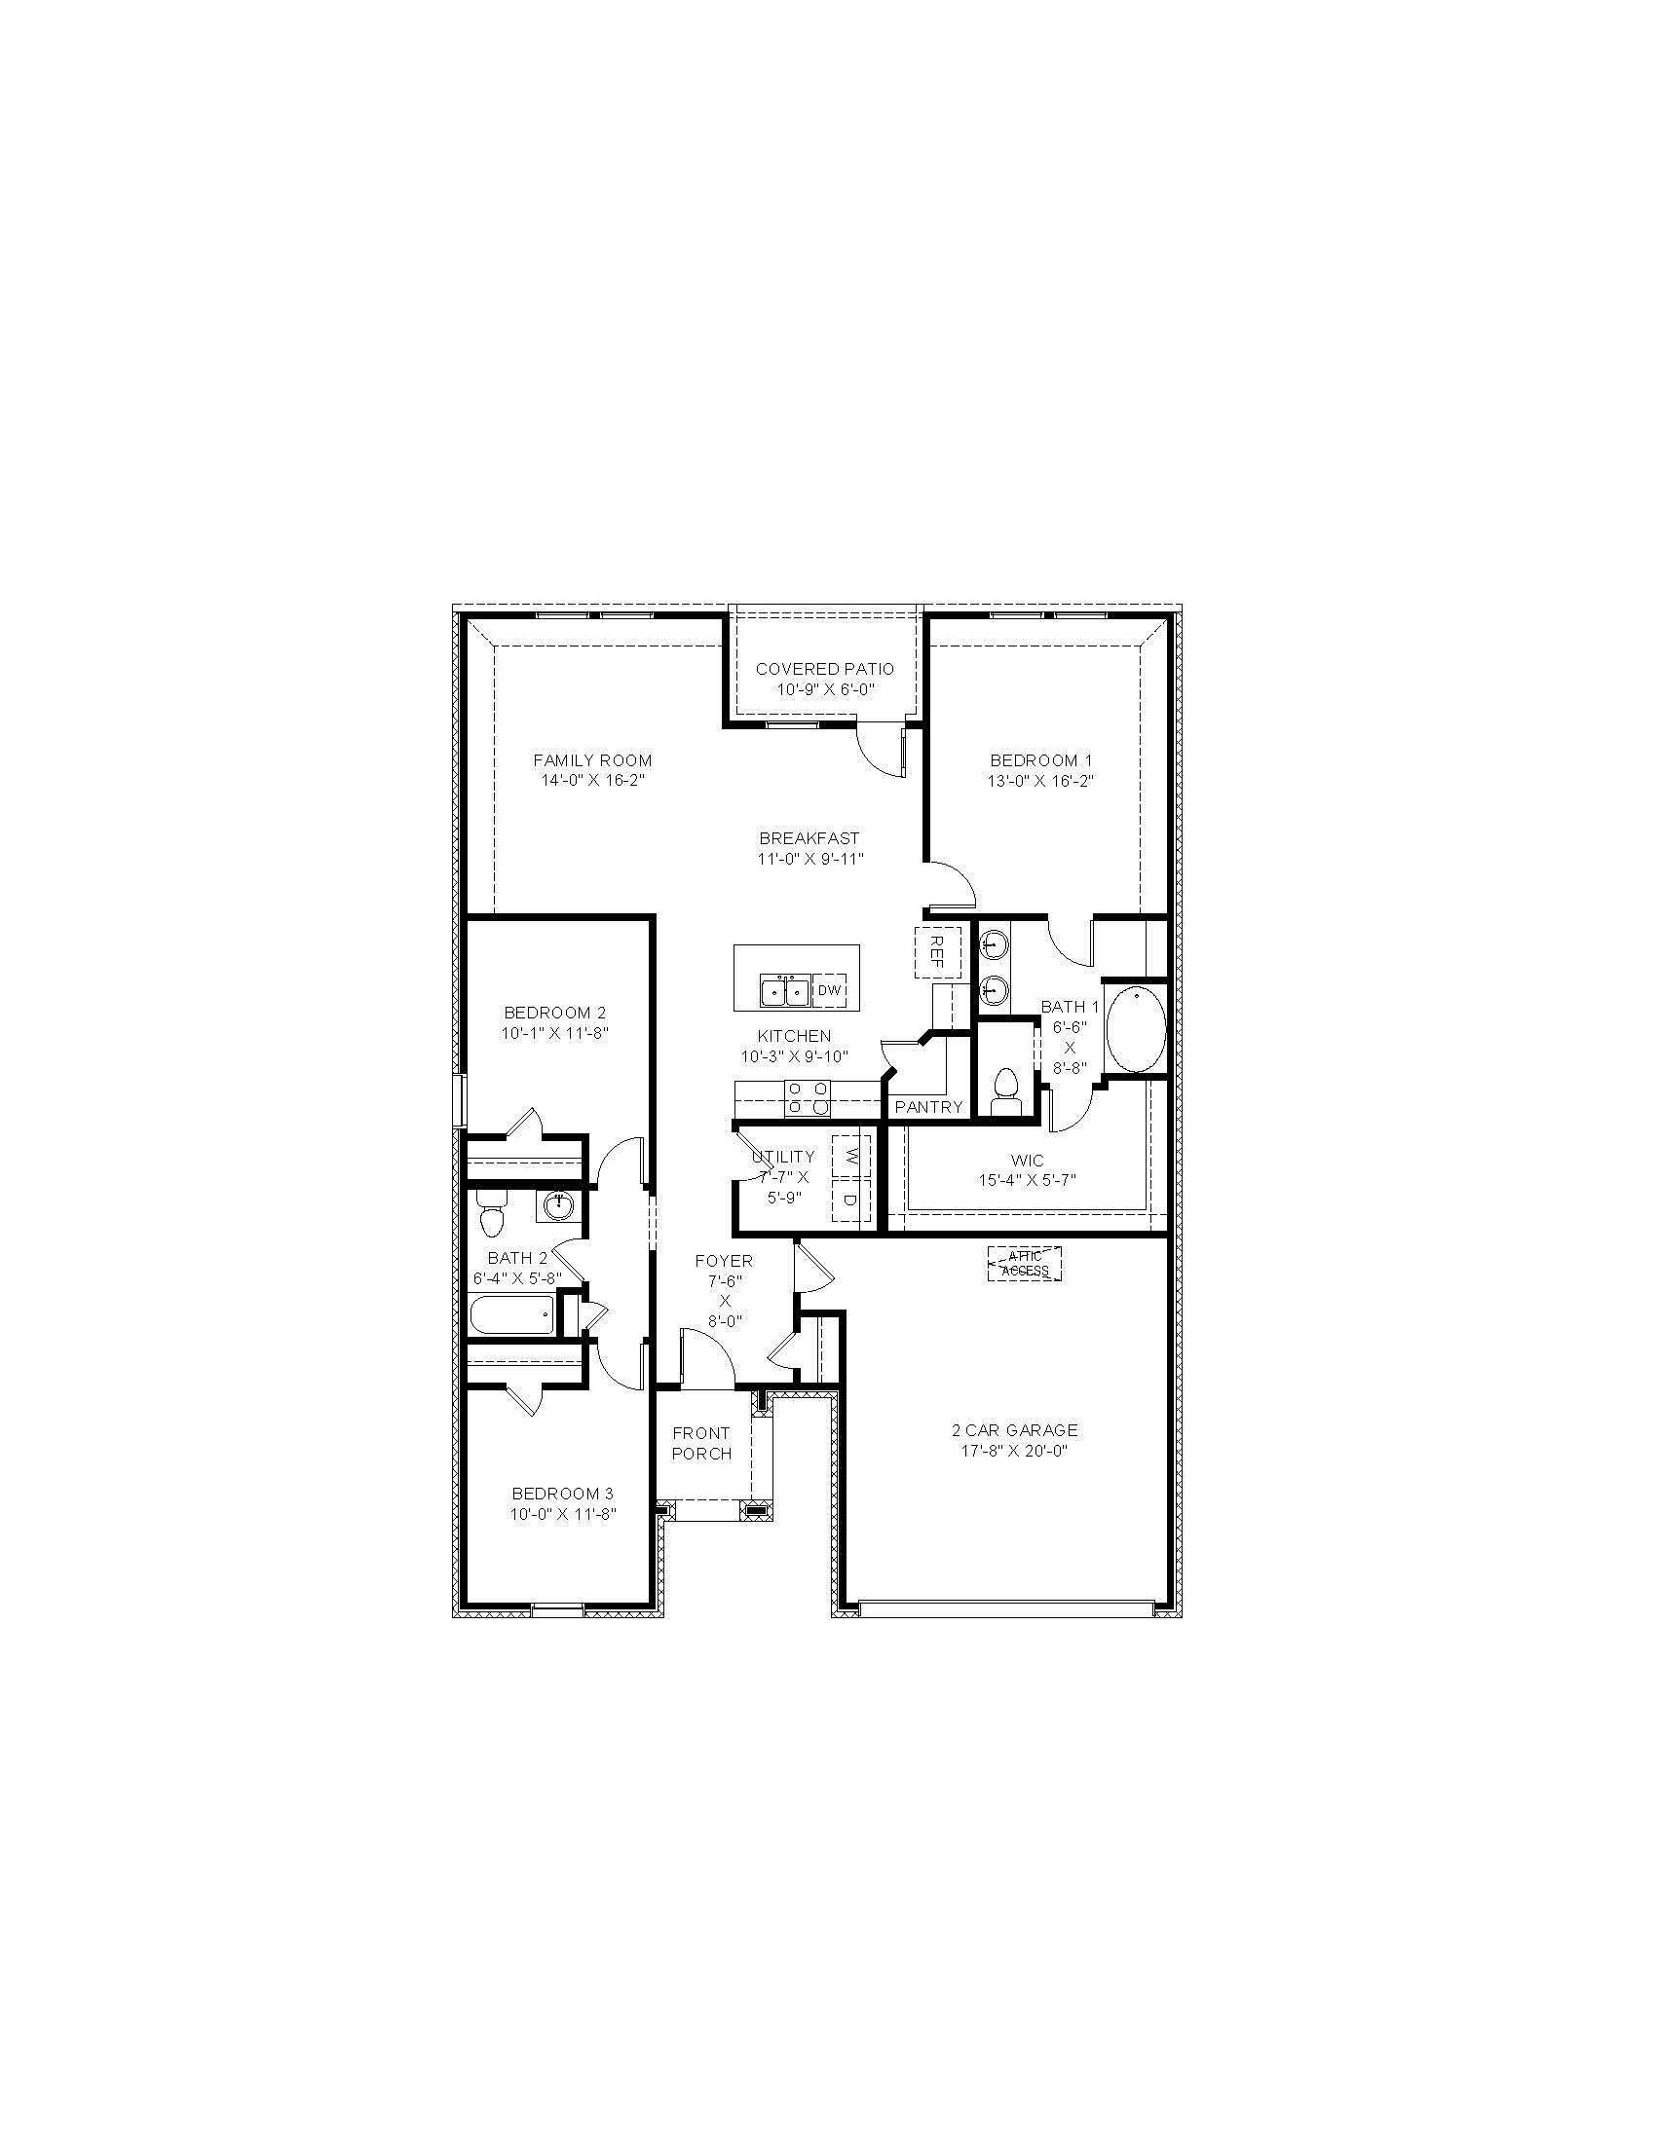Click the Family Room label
(x=592, y=760)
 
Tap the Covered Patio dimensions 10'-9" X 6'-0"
(x=825, y=689)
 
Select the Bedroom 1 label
(x=1041, y=760)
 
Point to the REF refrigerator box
(x=936, y=951)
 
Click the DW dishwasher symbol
(x=830, y=990)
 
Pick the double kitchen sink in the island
(x=785, y=991)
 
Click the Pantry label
(x=929, y=1107)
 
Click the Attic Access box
(x=1024, y=1264)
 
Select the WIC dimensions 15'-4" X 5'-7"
(x=1027, y=1181)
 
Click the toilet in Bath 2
(x=492, y=1216)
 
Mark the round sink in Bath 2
(x=559, y=1203)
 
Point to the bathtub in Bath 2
(x=513, y=1315)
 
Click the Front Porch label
(x=701, y=1444)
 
